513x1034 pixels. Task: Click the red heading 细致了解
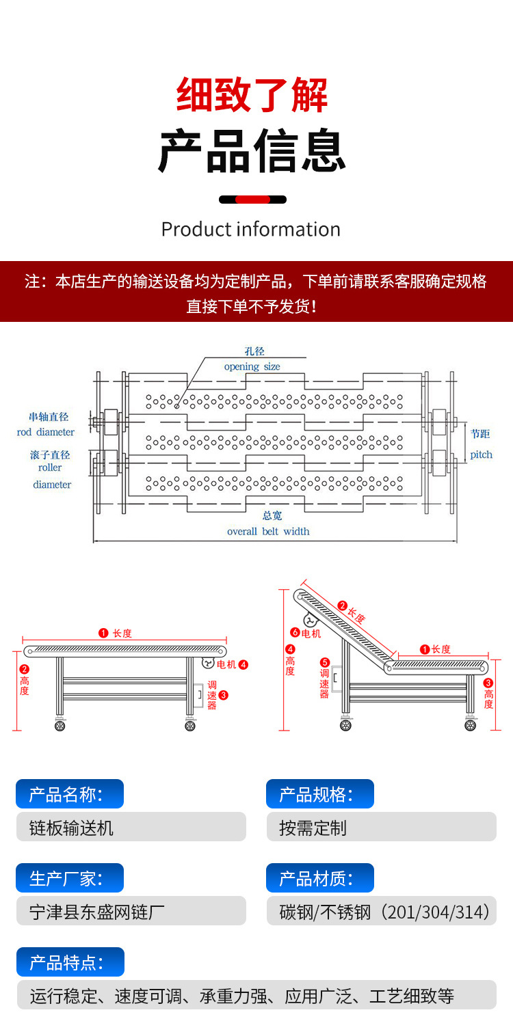[x=252, y=95]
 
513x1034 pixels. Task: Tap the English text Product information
[x=250, y=230]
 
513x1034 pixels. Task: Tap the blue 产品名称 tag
[x=70, y=794]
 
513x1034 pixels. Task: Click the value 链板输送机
[x=71, y=828]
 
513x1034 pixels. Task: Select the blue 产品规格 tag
[x=319, y=794]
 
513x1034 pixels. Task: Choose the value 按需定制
[x=313, y=828]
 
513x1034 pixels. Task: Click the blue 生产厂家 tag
[x=70, y=878]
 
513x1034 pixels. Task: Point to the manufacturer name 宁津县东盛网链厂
[x=97, y=912]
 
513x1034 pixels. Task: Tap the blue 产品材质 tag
[x=319, y=878]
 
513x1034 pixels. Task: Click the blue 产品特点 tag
[x=70, y=962]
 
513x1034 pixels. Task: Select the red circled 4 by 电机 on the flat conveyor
[x=244, y=664]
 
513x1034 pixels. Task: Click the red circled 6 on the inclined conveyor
[x=295, y=633]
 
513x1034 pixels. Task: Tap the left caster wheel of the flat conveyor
[x=60, y=726]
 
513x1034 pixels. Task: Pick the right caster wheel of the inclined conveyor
[x=471, y=725]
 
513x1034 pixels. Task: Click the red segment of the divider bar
[x=252, y=200]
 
